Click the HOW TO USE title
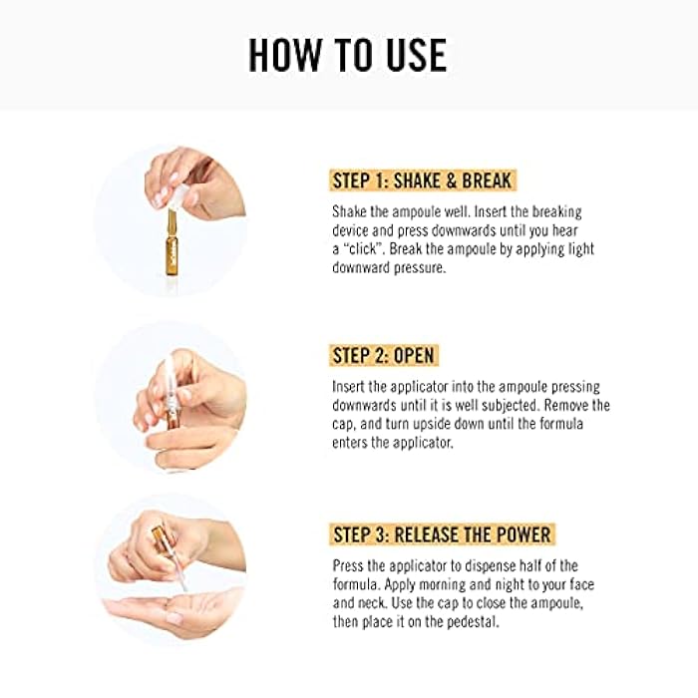pyautogui.click(x=348, y=55)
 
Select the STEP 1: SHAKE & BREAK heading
pyautogui.click(x=423, y=180)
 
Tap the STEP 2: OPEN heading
pyautogui.click(x=383, y=356)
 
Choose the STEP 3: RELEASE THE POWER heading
pyautogui.click(x=441, y=533)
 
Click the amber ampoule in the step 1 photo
pyautogui.click(x=170, y=242)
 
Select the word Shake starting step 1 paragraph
pyautogui.click(x=352, y=212)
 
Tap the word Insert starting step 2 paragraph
pyautogui.click(x=351, y=387)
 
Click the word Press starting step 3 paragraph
pyautogui.click(x=351, y=565)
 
